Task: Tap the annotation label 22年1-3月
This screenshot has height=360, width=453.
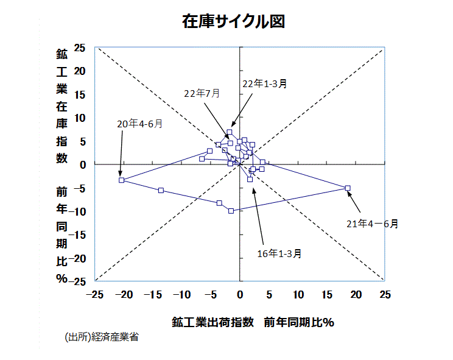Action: (x=264, y=84)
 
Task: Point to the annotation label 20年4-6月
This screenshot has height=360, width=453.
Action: (x=139, y=124)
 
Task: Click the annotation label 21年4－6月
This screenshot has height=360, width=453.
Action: (x=372, y=224)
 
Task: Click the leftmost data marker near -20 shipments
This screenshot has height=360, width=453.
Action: (x=122, y=180)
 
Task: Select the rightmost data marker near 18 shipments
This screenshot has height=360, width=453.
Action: (x=348, y=188)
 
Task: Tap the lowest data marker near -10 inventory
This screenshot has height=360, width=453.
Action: (x=231, y=211)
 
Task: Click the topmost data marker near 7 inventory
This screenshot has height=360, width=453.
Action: (x=230, y=132)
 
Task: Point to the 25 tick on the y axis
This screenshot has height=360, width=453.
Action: (x=80, y=48)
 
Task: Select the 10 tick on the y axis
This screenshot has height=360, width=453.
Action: (x=80, y=118)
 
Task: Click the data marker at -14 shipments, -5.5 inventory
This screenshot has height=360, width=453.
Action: (x=161, y=191)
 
